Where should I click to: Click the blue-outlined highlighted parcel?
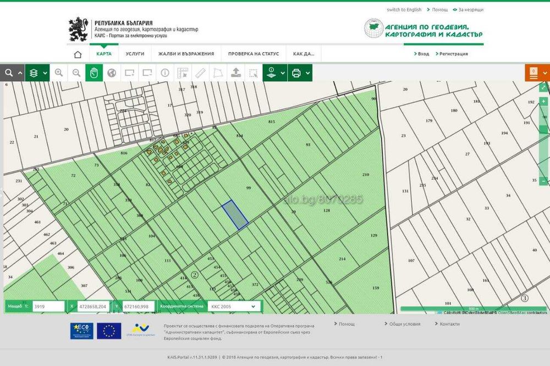point(235,214)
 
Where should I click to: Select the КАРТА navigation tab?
point(104,54)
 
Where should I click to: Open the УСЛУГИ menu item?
point(135,54)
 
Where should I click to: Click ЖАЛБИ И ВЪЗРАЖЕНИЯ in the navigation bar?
point(186,54)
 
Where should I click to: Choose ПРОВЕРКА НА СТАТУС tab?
point(254,54)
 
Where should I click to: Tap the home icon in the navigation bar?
point(78,54)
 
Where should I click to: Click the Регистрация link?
point(453,54)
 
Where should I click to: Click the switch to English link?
point(404,9)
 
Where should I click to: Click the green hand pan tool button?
point(94,73)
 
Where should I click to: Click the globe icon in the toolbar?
point(112,73)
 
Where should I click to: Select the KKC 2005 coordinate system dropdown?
point(234,306)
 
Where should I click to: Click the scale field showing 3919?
point(48,306)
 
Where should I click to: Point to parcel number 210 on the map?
point(366,175)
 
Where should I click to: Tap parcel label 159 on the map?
point(376,288)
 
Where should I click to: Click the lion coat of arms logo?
point(78,29)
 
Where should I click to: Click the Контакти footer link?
point(449,324)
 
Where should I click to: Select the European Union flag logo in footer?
point(109,330)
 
